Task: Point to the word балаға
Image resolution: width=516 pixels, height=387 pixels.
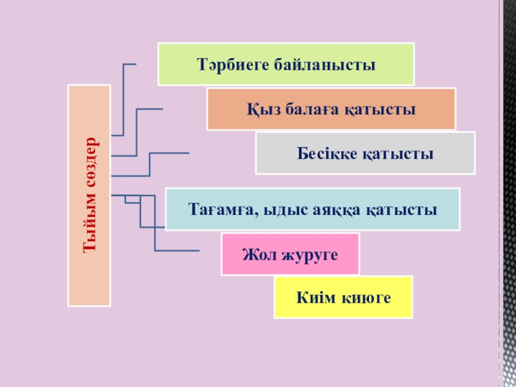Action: [x=306, y=110]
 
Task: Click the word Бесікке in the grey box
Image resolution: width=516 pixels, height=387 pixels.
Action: [x=325, y=154]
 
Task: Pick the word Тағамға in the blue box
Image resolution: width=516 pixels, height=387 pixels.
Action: [x=219, y=210]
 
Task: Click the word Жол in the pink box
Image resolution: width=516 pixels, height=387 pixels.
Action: [x=255, y=254]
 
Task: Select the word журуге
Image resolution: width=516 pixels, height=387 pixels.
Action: [x=308, y=254]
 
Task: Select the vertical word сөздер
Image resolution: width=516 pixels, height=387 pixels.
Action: [x=90, y=161]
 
